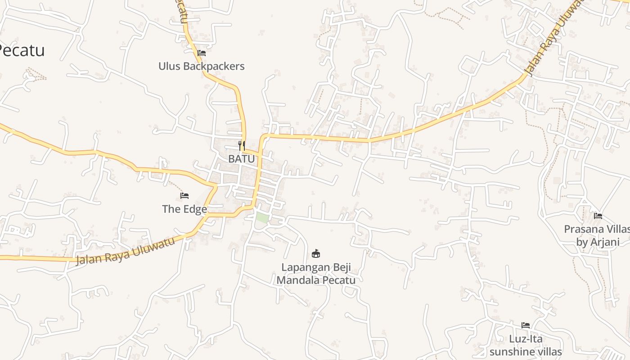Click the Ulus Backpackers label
[201, 66]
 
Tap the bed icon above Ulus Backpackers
[202, 53]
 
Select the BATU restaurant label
[241, 159]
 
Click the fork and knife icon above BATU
[242, 145]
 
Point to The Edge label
[184, 209]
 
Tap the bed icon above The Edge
[184, 196]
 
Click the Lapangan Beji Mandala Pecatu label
[316, 274]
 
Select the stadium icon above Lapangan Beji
[316, 254]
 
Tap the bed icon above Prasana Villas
[598, 216]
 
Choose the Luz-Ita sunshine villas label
[526, 345]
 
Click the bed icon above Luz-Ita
[526, 325]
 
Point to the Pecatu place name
[22, 50]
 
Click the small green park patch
[262, 218]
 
